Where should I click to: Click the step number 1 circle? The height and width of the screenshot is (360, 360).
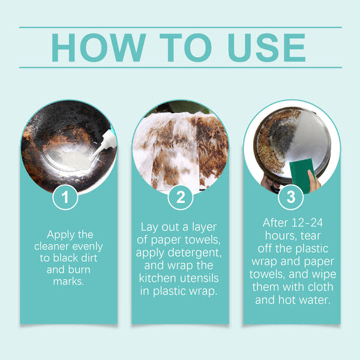68,197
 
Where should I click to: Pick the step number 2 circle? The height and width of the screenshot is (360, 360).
180,197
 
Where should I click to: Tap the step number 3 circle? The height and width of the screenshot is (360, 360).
292,197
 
